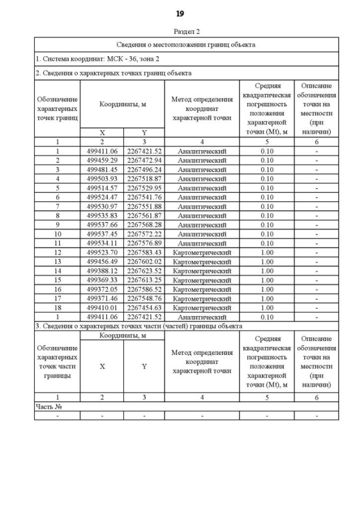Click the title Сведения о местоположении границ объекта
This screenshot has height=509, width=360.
coord(186,44)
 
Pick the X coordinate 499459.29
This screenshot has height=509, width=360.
coord(102,160)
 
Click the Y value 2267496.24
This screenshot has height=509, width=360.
coord(144,169)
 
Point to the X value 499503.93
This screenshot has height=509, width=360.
coord(102,179)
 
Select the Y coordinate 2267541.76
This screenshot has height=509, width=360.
coord(144,197)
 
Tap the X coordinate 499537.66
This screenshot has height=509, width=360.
coord(102,225)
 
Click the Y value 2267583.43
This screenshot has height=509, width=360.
coord(144,253)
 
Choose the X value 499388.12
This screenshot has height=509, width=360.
coord(102,271)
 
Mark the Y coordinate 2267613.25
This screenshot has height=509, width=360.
coord(144,280)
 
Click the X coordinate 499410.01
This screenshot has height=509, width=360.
coord(102,308)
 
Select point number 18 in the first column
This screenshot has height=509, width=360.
coord(57,308)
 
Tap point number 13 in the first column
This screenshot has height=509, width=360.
coord(57,262)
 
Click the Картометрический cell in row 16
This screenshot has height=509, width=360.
coord(202,290)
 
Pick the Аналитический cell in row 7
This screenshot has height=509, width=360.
coord(202,206)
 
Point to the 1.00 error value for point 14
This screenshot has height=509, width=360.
coord(267,271)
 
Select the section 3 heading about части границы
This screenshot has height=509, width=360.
coord(138,326)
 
